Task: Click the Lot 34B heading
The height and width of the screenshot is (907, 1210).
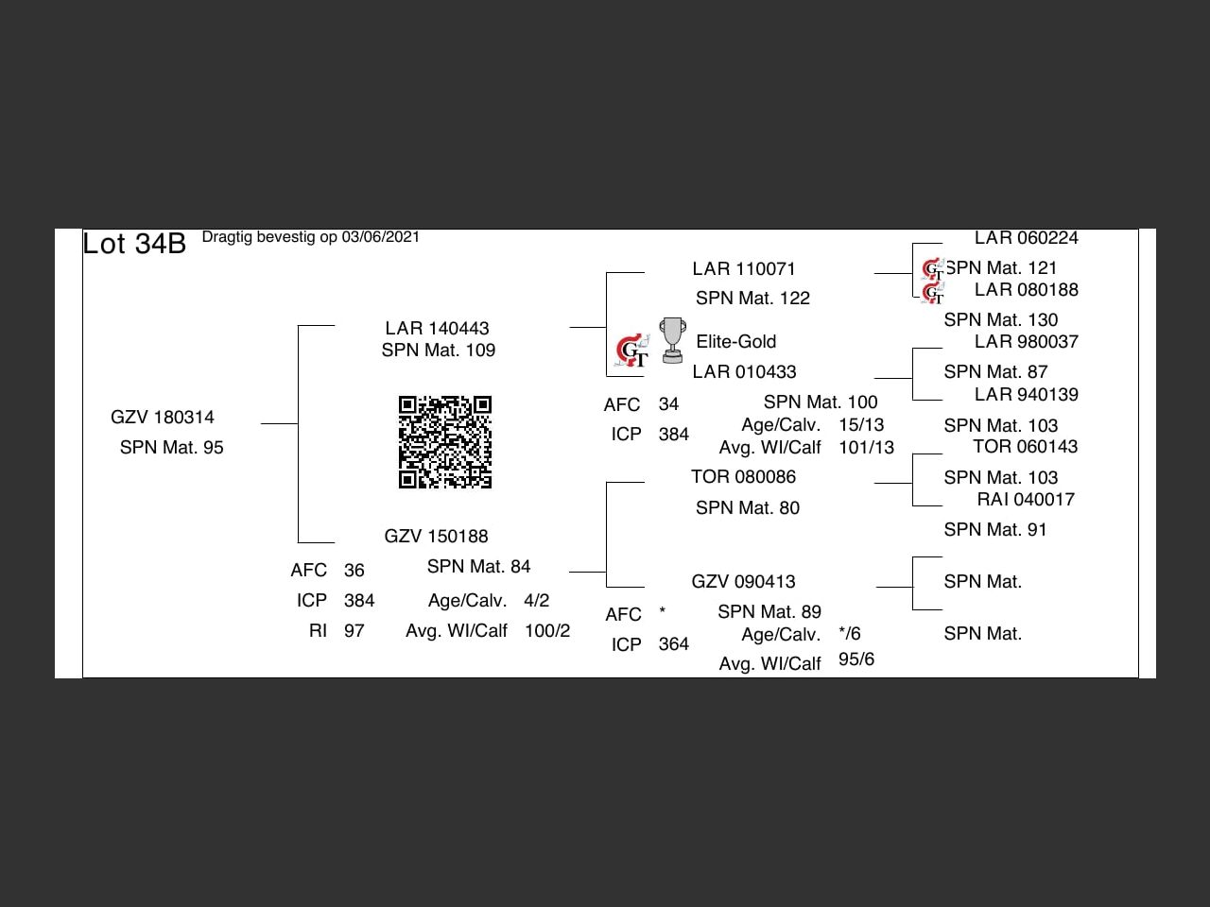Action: tap(134, 244)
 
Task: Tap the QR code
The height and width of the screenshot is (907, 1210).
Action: tap(444, 442)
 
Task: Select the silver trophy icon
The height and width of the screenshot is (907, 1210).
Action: tap(672, 340)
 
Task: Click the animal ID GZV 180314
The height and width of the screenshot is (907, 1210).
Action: tap(163, 417)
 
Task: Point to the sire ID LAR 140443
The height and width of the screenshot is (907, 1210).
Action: tap(437, 328)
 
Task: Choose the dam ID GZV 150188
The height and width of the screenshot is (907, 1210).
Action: tap(436, 536)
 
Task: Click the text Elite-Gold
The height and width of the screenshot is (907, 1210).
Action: tap(735, 341)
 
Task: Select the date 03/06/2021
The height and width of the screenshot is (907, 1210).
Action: tap(380, 236)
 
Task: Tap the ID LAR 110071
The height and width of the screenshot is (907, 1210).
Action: tap(744, 268)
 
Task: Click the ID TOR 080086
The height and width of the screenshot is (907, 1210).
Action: tap(743, 476)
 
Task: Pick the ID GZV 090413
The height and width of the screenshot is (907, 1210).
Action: tap(743, 581)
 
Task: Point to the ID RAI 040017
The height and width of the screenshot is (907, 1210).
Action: tap(1026, 499)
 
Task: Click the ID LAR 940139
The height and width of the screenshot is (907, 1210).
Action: tap(1026, 394)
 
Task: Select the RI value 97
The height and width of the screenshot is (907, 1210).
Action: tap(354, 630)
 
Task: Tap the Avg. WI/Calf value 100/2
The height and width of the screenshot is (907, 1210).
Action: tap(547, 630)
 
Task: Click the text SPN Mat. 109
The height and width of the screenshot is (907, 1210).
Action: tap(439, 350)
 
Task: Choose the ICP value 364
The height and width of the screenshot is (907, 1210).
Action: tap(673, 643)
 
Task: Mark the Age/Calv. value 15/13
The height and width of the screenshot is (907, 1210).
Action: tap(861, 424)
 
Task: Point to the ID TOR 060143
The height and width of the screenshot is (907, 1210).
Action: tap(1025, 446)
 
